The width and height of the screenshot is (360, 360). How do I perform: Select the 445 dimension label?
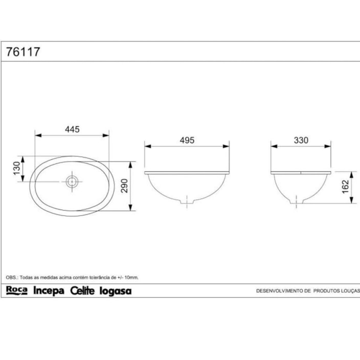(x=72, y=129)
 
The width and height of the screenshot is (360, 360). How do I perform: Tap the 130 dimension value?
(x=17, y=167)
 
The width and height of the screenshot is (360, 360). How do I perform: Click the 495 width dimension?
(x=187, y=140)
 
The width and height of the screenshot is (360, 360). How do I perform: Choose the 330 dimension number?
(x=301, y=140)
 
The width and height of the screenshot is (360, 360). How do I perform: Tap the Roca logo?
(x=16, y=290)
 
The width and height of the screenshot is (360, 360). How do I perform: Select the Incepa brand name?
(x=49, y=291)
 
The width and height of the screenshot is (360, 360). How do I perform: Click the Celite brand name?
(x=83, y=291)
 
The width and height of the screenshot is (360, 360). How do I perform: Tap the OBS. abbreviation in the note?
(x=12, y=277)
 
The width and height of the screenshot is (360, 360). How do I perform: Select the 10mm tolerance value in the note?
(x=131, y=277)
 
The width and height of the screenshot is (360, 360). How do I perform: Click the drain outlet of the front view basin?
(x=187, y=202)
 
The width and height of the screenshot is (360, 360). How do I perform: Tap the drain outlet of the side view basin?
(x=294, y=201)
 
